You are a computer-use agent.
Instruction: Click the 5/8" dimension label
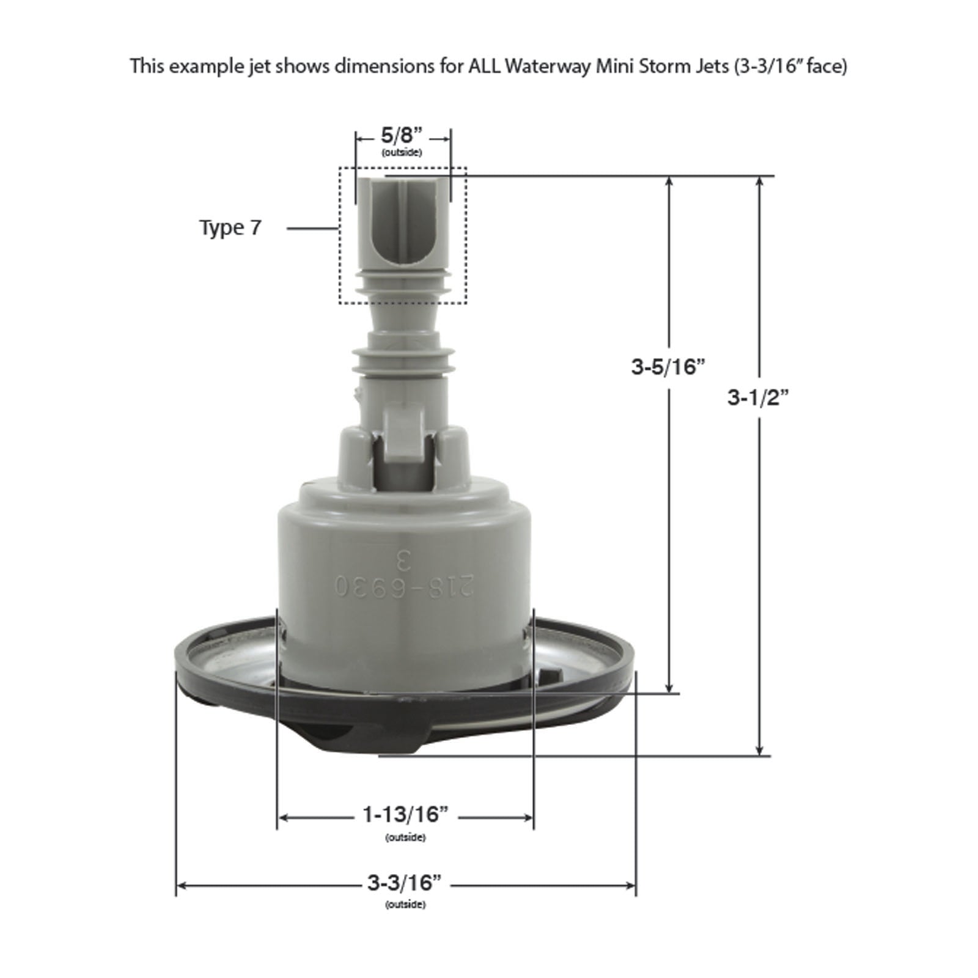402,135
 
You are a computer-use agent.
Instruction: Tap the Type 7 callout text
230,227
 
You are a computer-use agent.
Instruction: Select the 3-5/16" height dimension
668,367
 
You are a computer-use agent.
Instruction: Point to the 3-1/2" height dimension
759,399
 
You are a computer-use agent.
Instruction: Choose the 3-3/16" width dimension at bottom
405,883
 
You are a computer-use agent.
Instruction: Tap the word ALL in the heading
483,66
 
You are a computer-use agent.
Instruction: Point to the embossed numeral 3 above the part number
403,558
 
